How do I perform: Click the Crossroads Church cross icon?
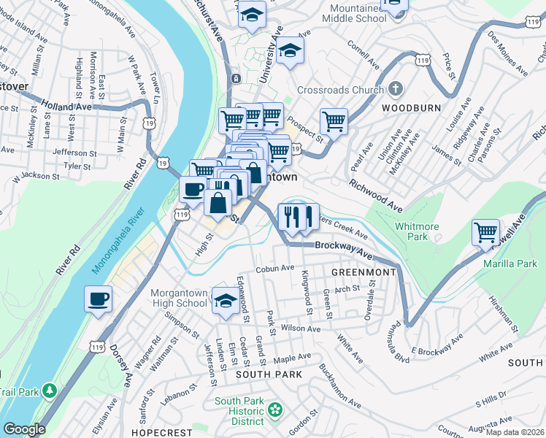point(395,91)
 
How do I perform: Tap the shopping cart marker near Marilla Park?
point(485,233)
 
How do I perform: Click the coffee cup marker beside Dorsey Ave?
point(99,299)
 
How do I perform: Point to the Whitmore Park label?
point(416,231)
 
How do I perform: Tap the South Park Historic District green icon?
point(275,410)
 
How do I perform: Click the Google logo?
point(24,429)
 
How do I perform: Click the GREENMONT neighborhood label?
point(363,272)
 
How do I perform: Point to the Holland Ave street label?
point(67,106)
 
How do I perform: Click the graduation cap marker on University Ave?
point(290,50)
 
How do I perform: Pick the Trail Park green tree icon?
point(50,390)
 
